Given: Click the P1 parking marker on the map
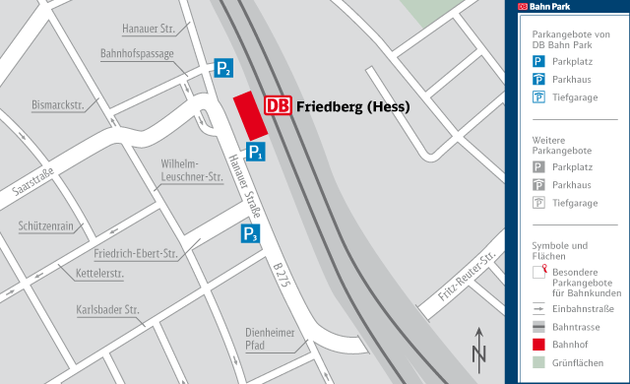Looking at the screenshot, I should [x=255, y=152].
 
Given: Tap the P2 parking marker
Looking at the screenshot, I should [x=224, y=68].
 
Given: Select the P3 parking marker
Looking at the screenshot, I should [x=251, y=234].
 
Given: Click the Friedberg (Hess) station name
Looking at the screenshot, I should [x=352, y=106].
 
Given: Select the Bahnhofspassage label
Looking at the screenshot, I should [x=137, y=53].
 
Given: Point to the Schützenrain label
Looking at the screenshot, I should [x=45, y=225].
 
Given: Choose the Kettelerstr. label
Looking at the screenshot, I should [x=98, y=272].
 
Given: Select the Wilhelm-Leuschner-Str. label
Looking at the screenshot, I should [x=191, y=169].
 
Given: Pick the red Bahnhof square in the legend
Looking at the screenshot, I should [x=538, y=344].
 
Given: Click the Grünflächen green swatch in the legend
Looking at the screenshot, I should [x=538, y=362].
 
